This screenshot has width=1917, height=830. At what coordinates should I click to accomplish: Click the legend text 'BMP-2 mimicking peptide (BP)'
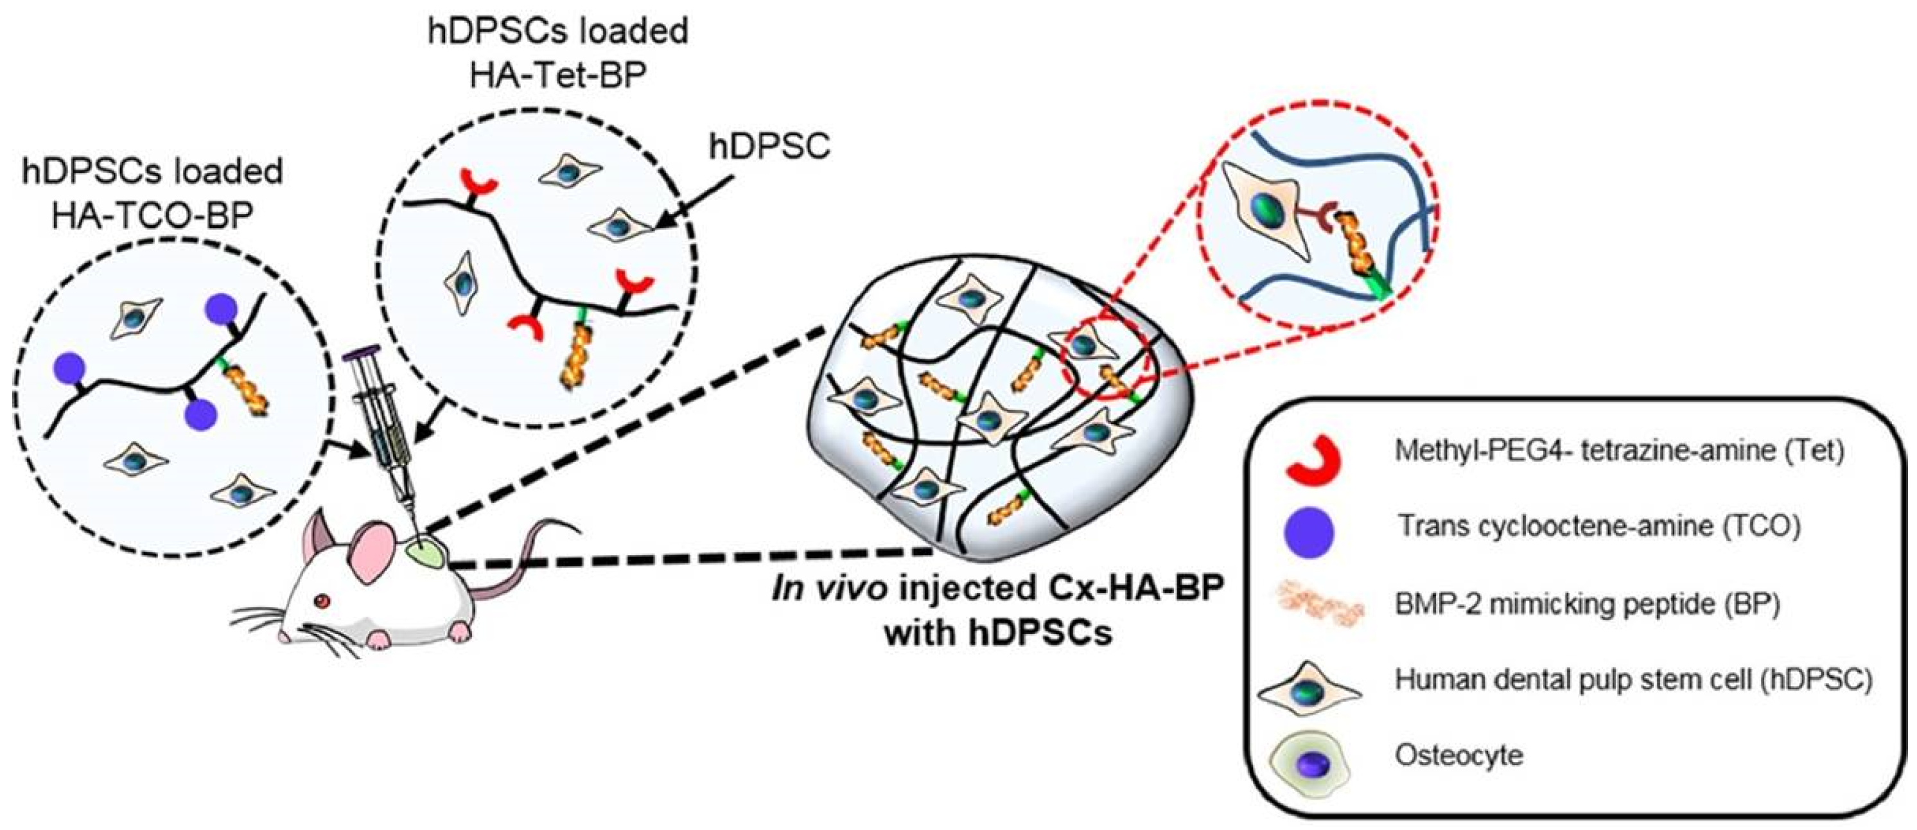pyautogui.click(x=1588, y=604)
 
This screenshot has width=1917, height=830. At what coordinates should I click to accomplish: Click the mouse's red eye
pyautogui.click(x=322, y=601)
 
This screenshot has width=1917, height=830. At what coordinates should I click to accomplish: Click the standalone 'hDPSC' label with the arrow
pyautogui.click(x=769, y=146)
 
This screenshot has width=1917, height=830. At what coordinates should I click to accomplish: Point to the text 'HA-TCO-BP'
pyautogui.click(x=153, y=215)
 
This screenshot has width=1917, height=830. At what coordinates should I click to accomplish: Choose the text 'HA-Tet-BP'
pyautogui.click(x=558, y=75)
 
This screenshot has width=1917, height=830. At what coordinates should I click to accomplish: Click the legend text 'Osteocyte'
pyautogui.click(x=1458, y=755)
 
